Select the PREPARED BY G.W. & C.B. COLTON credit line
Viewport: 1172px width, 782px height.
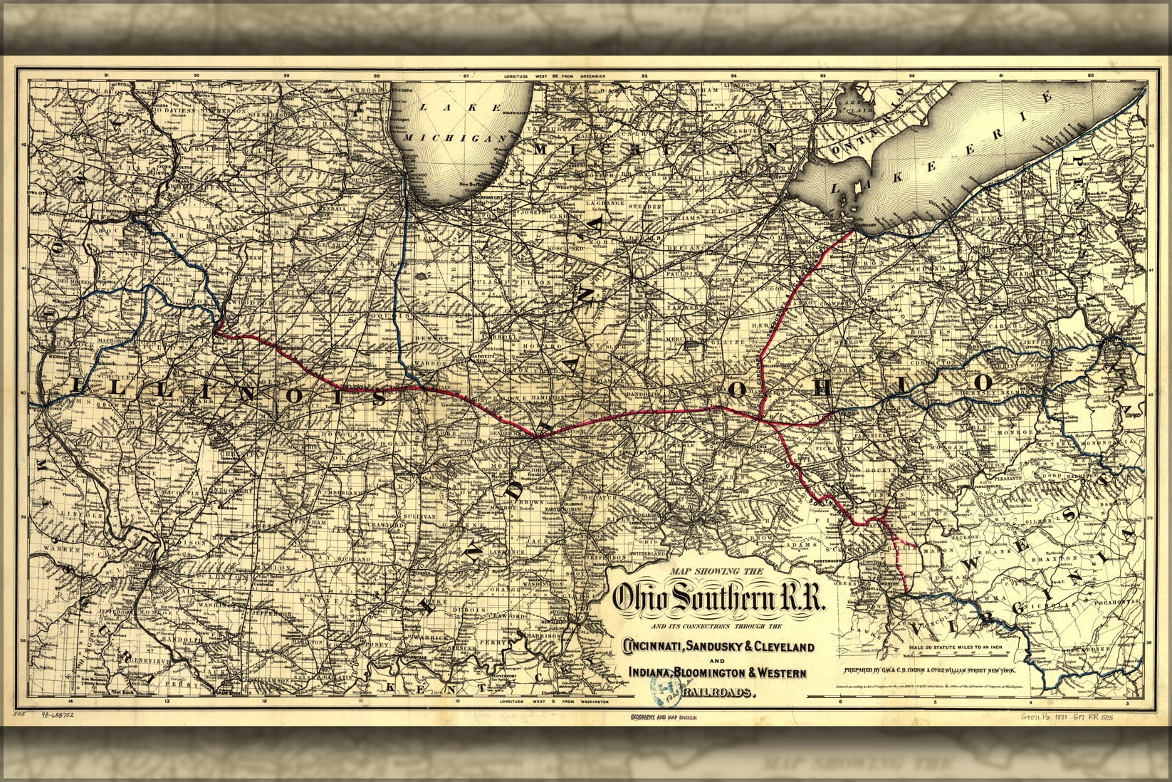point(933,670)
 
